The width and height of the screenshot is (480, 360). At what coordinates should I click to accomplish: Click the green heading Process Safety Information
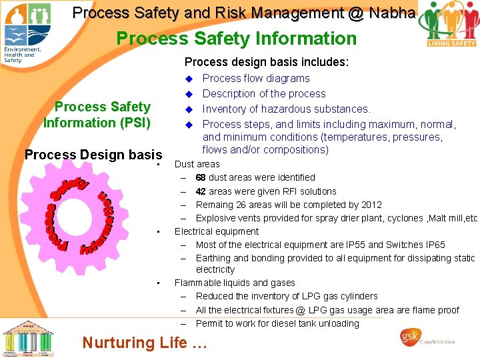tap(237, 39)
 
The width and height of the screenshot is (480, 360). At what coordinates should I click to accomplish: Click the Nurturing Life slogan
tap(145, 343)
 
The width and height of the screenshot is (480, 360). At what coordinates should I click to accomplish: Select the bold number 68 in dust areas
tap(201, 177)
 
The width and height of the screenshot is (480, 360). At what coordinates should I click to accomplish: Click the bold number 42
tap(201, 191)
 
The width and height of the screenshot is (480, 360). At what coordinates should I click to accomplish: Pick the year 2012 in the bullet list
tap(371, 205)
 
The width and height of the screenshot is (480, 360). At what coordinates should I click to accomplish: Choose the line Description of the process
tap(264, 93)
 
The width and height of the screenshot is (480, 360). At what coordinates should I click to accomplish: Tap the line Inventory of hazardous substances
tap(286, 109)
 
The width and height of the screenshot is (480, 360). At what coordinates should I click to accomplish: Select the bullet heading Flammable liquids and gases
tap(235, 283)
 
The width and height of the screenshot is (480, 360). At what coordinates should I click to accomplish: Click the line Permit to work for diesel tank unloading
tap(277, 323)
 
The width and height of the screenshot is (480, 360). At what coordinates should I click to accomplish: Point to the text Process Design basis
tap(93, 155)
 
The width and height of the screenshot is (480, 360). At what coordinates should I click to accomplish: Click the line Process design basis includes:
tap(266, 62)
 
